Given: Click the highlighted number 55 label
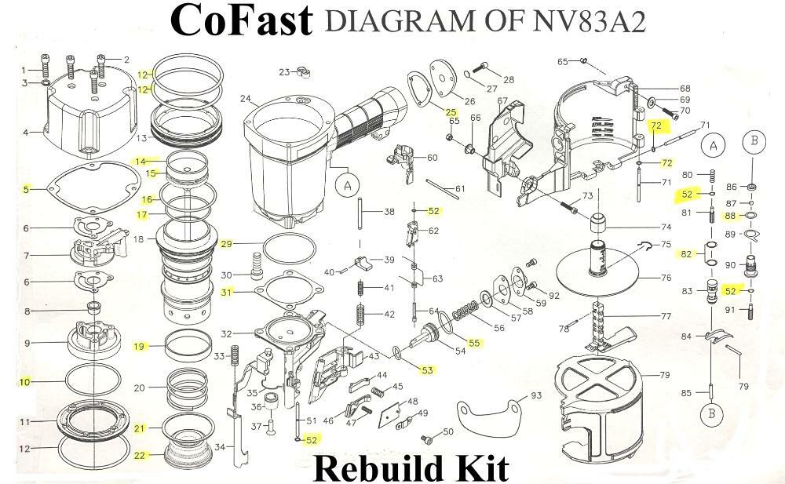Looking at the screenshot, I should pos(474,342).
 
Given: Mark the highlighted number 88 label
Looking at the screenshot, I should pos(730,216).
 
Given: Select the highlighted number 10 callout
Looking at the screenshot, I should pos(25,382).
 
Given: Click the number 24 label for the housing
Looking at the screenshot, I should pos(246,99).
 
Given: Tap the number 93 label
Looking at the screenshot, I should pos(536,395).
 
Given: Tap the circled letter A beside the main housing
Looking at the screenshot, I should pos(346,187).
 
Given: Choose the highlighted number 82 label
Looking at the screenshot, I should pos(686,254).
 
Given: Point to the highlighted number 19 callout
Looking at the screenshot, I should pos(139,346).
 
